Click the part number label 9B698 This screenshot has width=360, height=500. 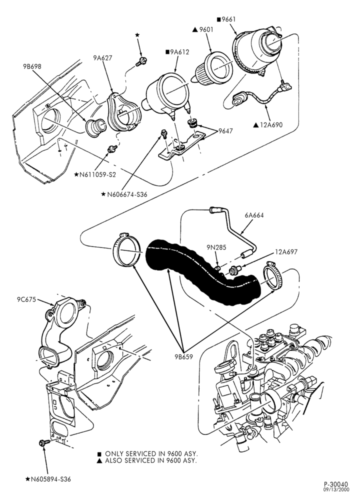coord(32,66)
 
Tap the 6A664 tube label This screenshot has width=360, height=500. coord(254,215)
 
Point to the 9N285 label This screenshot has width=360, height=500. coord(216,247)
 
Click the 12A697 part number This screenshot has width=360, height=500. coord(286,252)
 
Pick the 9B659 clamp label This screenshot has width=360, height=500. coord(183,357)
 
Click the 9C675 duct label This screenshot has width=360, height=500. coord(26,299)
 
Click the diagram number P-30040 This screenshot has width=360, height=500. coord(338,484)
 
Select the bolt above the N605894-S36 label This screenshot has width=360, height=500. coord(44,442)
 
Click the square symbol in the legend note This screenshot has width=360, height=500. coord(99,454)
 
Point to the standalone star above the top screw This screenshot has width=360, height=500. coord(137,35)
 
